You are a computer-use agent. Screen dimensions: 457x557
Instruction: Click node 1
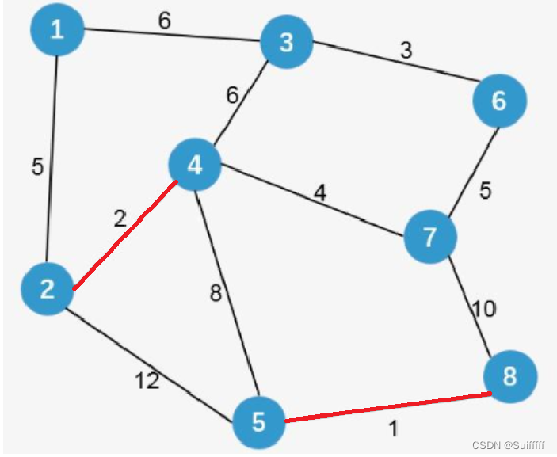point(56,30)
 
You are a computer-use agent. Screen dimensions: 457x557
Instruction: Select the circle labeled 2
point(48,289)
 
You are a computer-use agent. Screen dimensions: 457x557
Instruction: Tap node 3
point(286,43)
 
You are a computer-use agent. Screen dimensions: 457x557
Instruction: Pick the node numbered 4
point(195,165)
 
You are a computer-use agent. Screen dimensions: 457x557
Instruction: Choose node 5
point(259,422)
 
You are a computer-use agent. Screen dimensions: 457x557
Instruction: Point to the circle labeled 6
point(499,101)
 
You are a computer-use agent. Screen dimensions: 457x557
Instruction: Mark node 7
point(430,237)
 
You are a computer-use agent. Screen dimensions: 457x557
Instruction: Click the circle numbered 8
point(509,376)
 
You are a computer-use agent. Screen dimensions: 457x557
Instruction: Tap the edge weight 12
point(147,381)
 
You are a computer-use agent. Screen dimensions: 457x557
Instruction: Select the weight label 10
point(484,308)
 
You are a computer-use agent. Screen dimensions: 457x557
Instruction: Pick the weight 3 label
point(405,51)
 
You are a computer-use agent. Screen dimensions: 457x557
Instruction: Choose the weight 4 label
point(319,192)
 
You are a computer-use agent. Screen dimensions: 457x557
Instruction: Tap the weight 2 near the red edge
point(119,219)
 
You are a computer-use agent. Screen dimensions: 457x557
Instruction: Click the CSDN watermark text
point(511,447)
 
